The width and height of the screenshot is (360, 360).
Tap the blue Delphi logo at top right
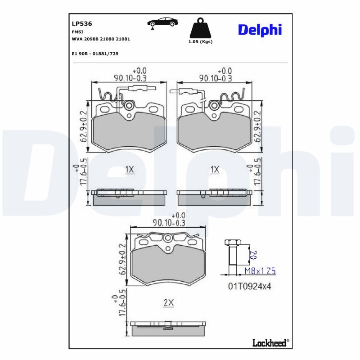point(259,30)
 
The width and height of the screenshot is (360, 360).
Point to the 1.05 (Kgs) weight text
point(200,41)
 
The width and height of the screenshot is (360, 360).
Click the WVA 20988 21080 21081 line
point(101,39)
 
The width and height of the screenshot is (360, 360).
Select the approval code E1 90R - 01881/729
point(95,54)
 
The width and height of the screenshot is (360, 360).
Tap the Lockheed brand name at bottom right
point(269,343)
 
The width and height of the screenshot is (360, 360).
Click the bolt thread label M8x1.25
point(259,270)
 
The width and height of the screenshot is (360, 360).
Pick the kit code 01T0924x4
point(249,286)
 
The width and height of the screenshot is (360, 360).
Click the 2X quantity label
point(168,303)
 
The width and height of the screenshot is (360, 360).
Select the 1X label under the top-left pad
point(130,169)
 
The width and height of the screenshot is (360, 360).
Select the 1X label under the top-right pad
point(215,169)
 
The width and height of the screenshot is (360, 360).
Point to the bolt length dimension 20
point(252,255)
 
